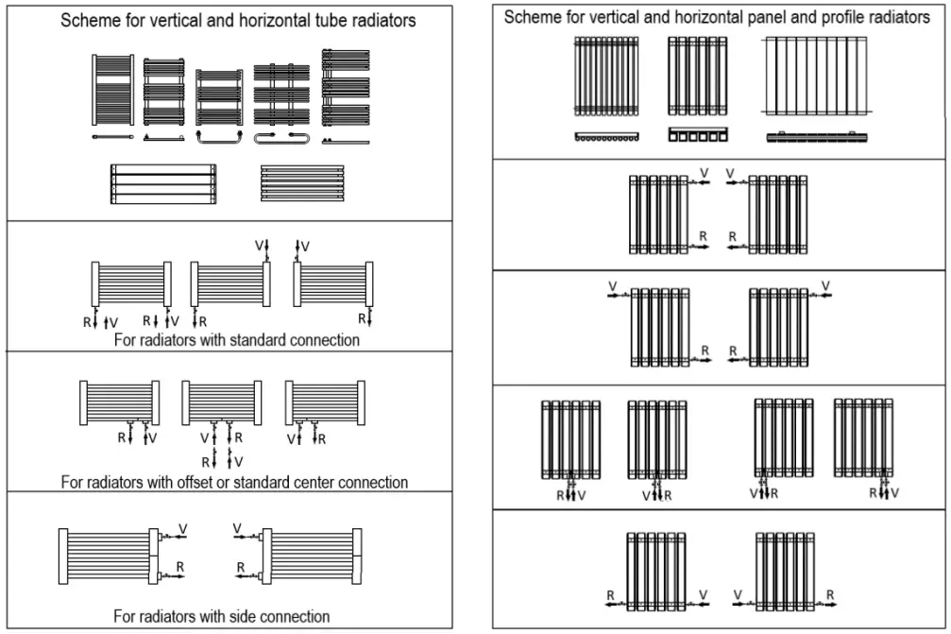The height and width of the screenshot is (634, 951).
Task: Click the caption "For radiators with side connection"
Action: pos(222,616)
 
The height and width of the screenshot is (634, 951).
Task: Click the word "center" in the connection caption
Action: pos(326,482)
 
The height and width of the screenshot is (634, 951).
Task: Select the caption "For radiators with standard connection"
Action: pos(236,339)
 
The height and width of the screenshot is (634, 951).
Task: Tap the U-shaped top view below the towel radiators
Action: pos(219,137)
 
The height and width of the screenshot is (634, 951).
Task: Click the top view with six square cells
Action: pos(698,135)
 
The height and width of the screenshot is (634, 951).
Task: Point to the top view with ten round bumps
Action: pos(606,137)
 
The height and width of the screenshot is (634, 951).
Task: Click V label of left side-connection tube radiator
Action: pos(183,528)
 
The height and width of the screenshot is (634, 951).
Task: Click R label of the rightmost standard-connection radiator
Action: pos(361,319)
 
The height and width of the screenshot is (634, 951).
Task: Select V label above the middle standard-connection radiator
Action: pos(259,246)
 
